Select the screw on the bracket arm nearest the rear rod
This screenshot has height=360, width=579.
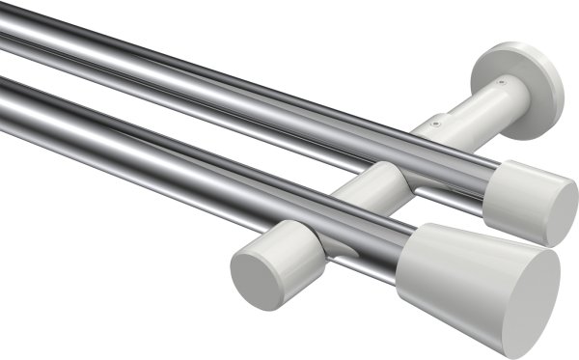pyautogui.click(x=435, y=124)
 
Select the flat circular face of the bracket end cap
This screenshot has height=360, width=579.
pyautogui.click(x=252, y=267)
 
